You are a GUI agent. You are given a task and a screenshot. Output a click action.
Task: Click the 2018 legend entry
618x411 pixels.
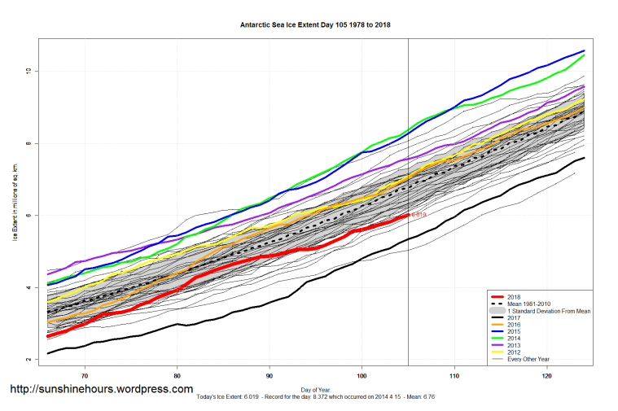coord(514,297)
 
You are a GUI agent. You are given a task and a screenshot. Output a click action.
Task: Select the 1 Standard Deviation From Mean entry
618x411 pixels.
coord(546,312)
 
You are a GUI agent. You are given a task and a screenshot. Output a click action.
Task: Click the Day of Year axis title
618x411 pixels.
coord(315,389)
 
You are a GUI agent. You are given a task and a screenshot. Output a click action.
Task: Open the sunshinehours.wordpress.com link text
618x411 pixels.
coord(101,389)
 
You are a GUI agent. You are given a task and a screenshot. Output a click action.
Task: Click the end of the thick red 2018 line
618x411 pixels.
coord(407,215)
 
